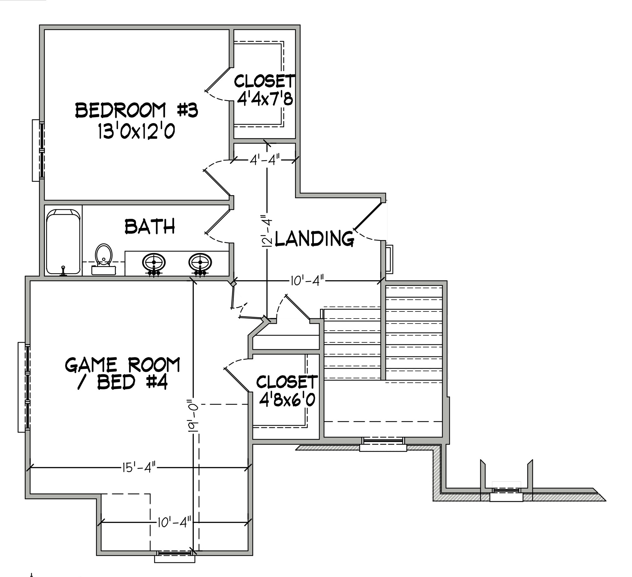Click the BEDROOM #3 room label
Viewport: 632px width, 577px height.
coord(137,111)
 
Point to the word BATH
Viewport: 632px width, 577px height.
coord(150,226)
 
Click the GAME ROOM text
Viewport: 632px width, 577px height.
coord(123,365)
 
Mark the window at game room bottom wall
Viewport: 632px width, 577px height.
coord(175,553)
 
